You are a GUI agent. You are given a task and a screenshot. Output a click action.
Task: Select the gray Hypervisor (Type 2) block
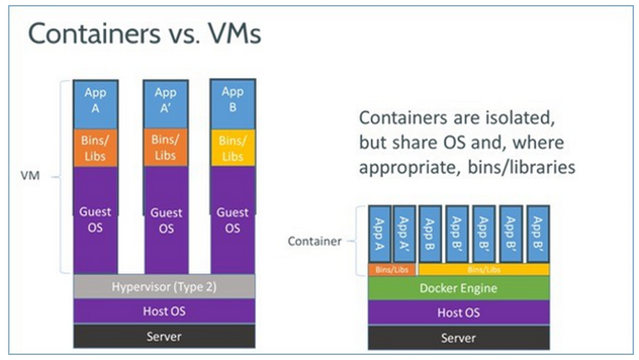[x=164, y=286]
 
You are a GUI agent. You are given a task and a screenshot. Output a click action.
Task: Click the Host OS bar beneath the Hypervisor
[x=164, y=311]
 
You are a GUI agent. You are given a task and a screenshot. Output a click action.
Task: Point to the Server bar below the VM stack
[x=164, y=336]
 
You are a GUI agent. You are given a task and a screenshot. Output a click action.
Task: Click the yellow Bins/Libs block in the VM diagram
[x=232, y=148]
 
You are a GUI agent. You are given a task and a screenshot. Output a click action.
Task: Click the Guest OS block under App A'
[x=165, y=219]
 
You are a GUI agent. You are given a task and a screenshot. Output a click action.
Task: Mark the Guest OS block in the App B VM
[x=232, y=219]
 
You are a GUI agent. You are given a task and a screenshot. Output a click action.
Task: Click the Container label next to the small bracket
[x=314, y=241]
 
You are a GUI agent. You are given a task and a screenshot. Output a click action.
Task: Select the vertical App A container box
[x=379, y=233]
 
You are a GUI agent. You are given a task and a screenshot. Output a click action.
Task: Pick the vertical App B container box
[x=430, y=233]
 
